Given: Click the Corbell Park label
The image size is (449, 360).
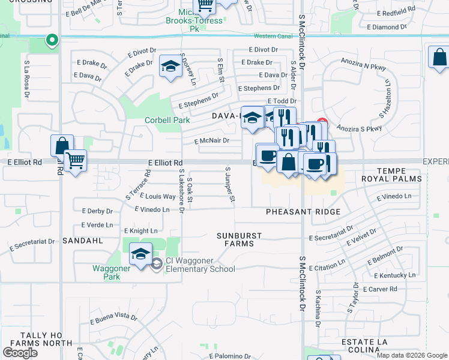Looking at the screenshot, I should tap(167, 120).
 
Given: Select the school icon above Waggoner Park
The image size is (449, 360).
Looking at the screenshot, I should tap(141, 254).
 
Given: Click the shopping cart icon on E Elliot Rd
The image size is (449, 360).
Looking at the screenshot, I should tap(76, 160).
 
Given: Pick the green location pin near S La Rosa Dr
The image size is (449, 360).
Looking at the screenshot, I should tap(52, 41).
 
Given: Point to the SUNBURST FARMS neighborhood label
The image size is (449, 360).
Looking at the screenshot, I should tap(235, 239).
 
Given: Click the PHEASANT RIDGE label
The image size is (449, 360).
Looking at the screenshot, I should tap(303, 212).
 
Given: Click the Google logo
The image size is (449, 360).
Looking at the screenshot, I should tap(20, 352).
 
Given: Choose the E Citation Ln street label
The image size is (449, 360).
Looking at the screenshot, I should tap(327, 262).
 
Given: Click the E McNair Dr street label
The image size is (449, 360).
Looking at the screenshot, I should tap(212, 141).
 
